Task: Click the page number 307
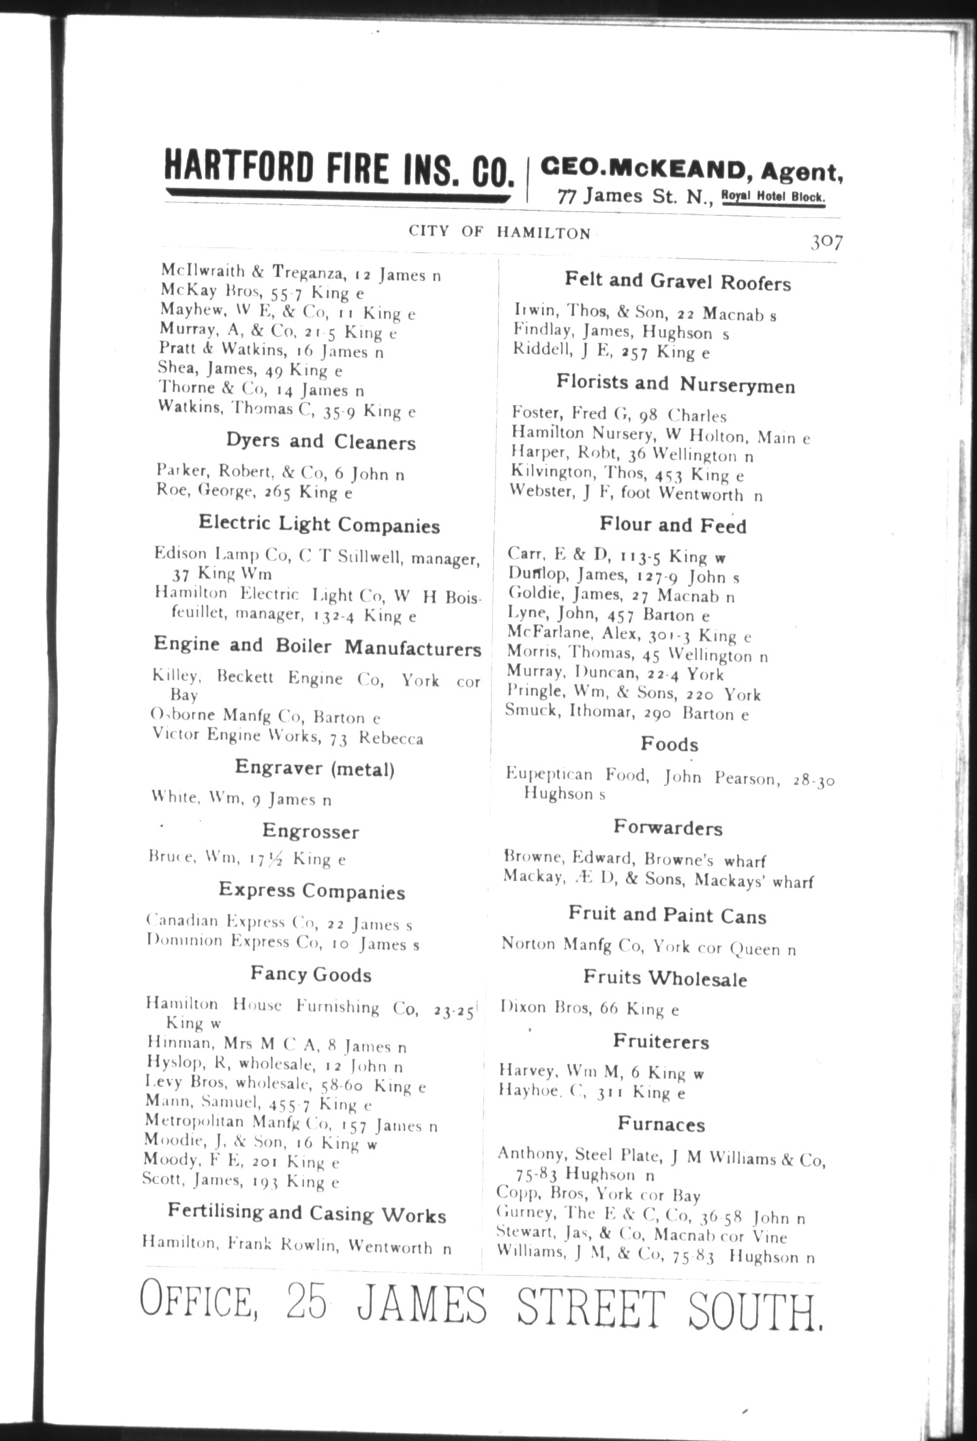[827, 242]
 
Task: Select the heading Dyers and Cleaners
[321, 441]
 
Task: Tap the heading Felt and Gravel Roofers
[677, 282]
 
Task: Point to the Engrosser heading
[310, 831]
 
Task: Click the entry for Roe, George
[254, 493]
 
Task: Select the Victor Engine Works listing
[287, 737]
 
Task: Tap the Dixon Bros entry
[589, 1009]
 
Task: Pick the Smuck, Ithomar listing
[628, 714]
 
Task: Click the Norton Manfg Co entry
[648, 947]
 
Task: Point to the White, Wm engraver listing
[241, 799]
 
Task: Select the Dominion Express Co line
[282, 943]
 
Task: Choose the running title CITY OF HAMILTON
[500, 232]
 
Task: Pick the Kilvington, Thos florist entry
[627, 474]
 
